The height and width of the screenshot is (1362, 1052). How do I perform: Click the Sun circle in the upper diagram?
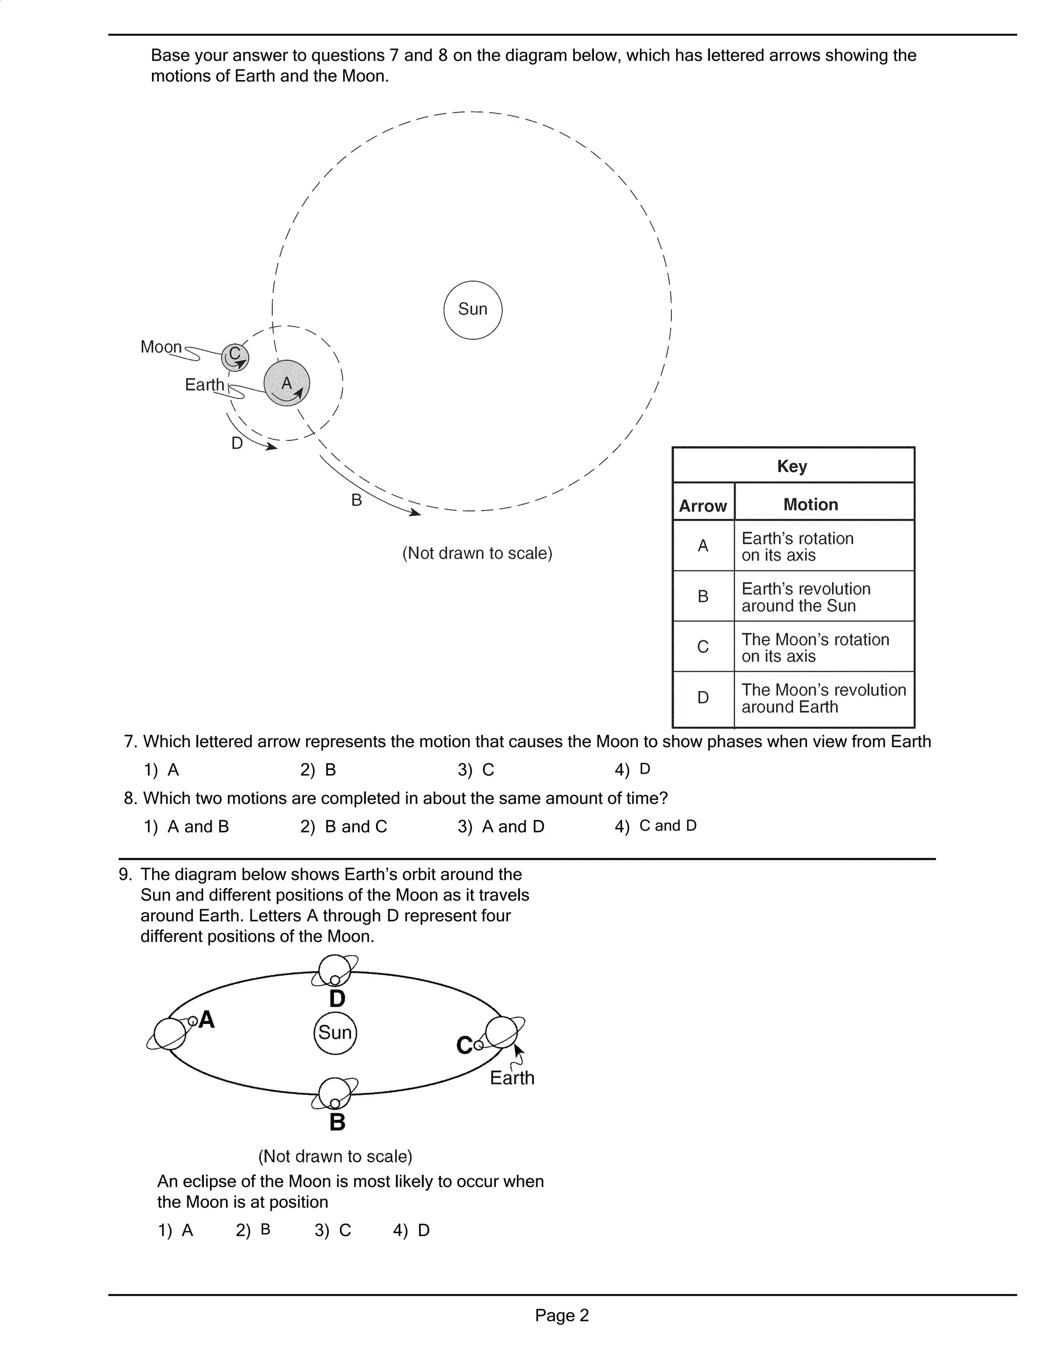473,310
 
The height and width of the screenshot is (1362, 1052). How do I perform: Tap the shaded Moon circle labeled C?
235,357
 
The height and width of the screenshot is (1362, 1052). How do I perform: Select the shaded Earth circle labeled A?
287,383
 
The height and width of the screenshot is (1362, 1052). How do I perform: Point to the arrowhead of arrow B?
416,512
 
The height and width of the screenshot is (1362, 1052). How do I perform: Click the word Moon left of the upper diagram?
161,347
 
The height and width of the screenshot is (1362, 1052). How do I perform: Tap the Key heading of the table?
792,466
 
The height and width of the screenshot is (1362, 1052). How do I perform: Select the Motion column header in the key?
810,505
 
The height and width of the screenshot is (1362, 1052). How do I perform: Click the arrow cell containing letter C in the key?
703,647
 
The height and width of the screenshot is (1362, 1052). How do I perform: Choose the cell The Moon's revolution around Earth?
823,698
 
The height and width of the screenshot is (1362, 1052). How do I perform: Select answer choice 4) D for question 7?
632,769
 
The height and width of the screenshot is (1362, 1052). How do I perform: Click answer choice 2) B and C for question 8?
344,826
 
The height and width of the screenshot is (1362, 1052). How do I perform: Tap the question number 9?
125,874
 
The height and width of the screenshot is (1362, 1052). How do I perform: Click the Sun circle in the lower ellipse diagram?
335,1033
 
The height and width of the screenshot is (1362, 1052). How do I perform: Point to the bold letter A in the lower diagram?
206,1020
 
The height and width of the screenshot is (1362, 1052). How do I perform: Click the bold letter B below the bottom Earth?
337,1122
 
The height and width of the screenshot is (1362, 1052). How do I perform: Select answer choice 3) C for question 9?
333,1230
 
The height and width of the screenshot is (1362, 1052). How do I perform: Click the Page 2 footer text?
561,1315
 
